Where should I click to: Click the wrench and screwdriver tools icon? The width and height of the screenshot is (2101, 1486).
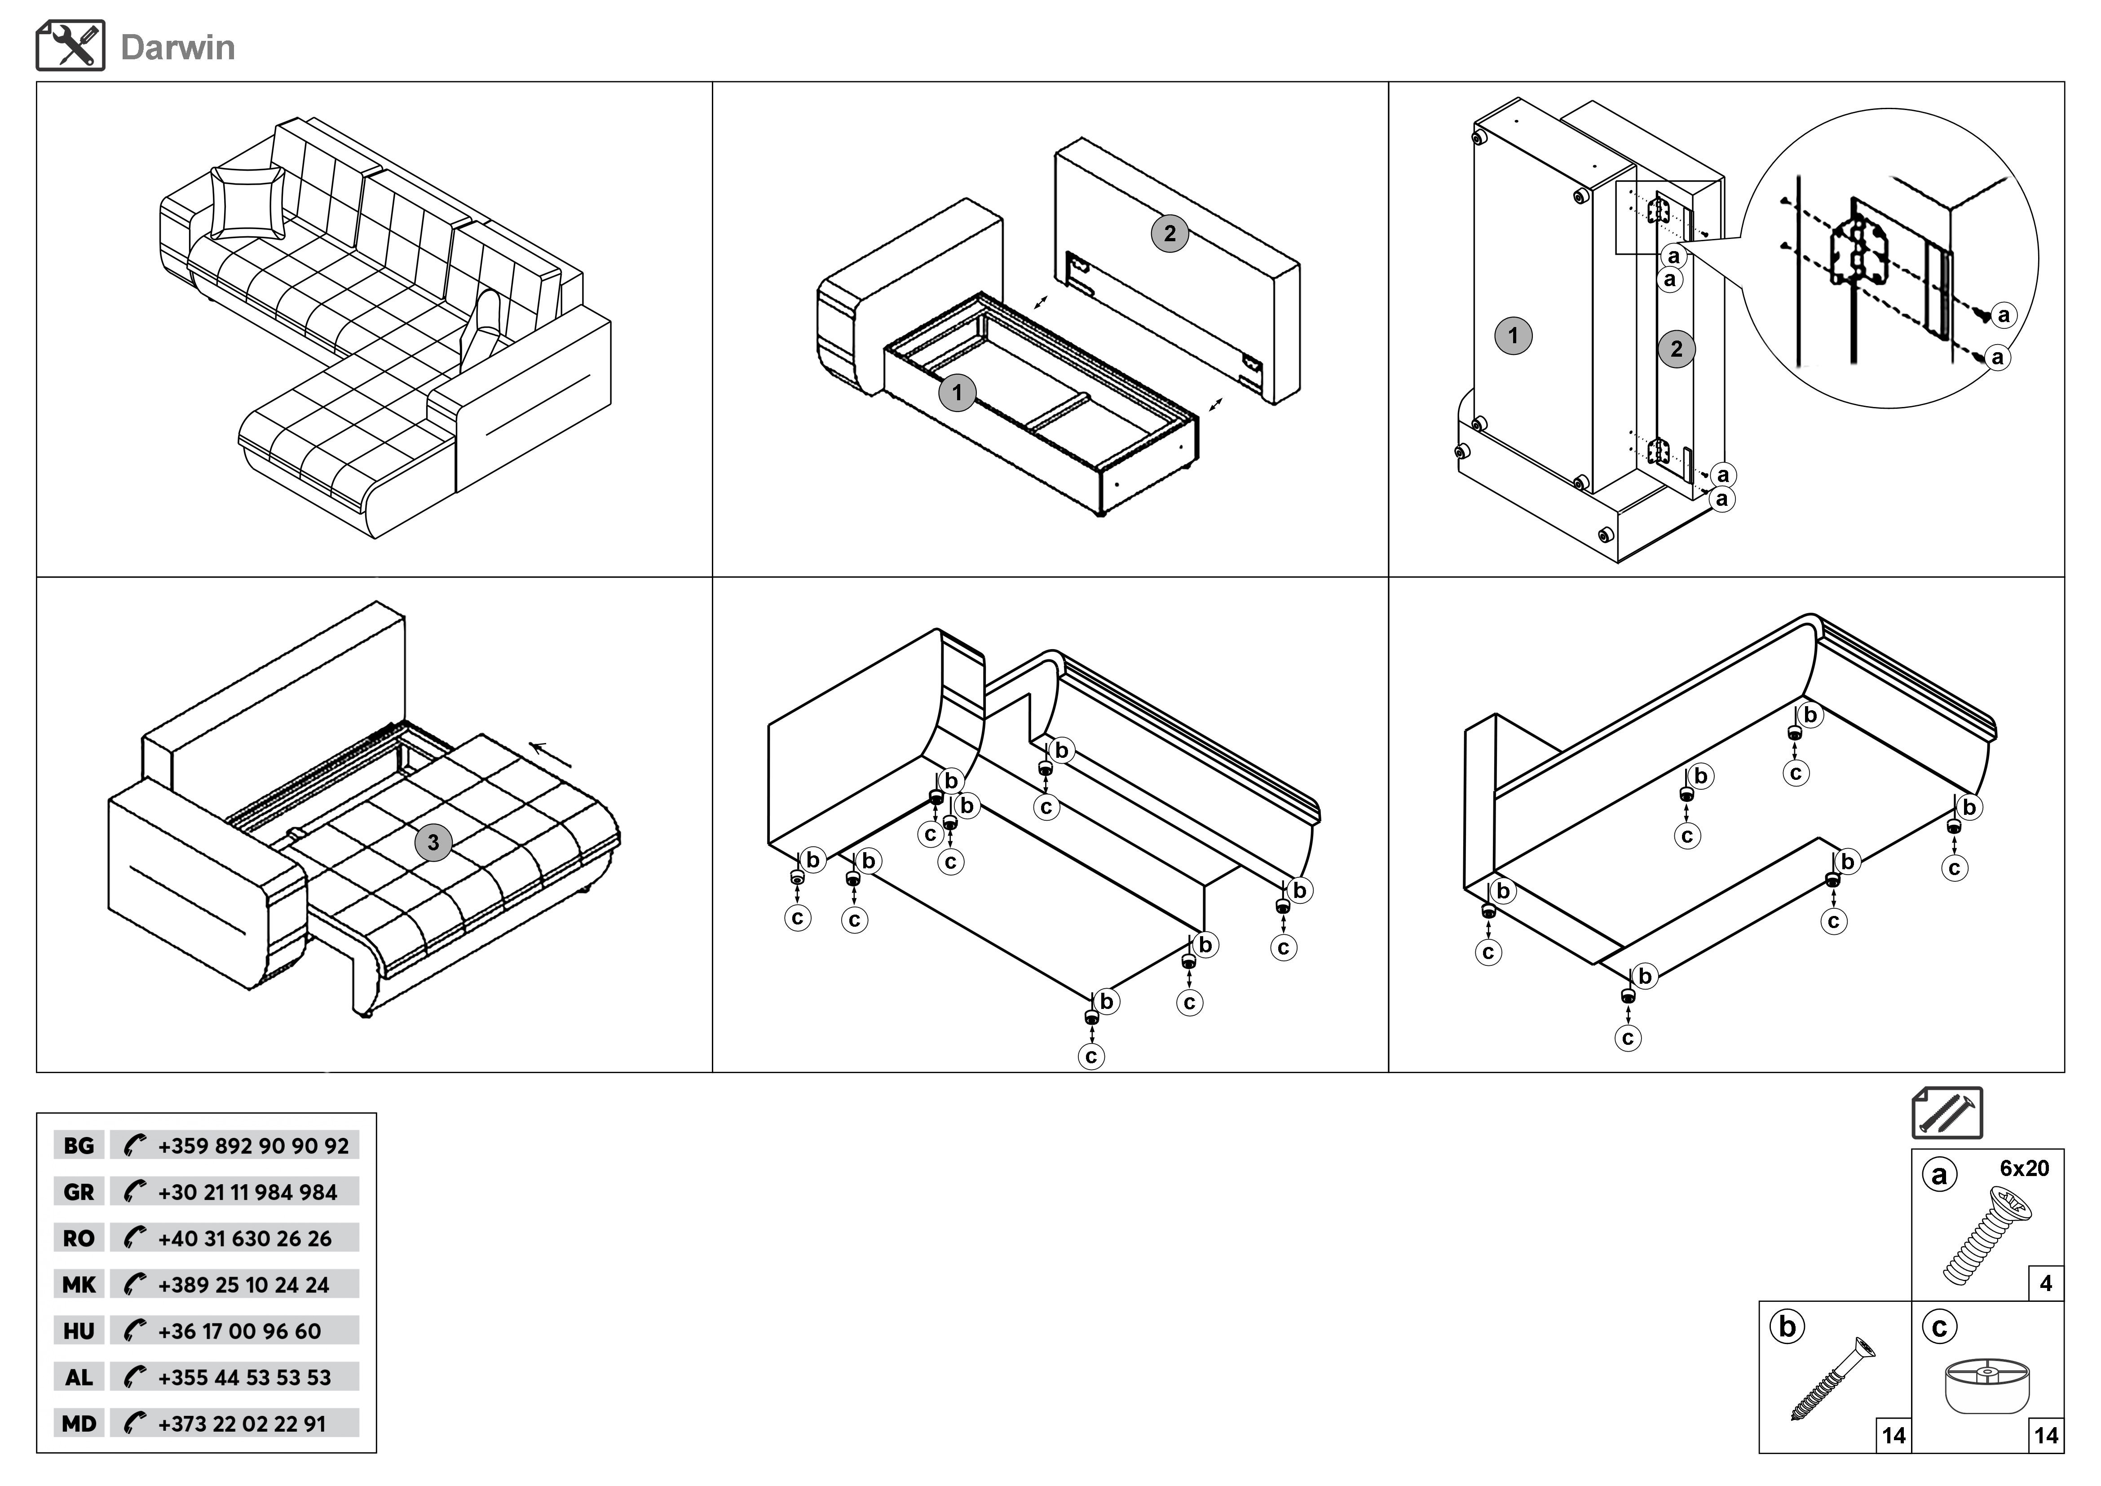point(71,46)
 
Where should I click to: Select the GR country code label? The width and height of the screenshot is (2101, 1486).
point(79,1192)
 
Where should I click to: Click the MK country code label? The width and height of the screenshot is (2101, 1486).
point(79,1285)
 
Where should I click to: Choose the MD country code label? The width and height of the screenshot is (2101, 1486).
point(79,1424)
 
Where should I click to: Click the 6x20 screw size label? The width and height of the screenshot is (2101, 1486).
point(2024,1168)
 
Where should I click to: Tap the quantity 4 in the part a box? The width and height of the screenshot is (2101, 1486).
point(2046,1284)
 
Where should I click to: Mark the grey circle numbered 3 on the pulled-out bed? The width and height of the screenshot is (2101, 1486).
point(433,843)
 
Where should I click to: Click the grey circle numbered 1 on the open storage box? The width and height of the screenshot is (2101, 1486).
point(957,394)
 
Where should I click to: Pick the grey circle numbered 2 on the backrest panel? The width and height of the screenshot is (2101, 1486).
point(1170,233)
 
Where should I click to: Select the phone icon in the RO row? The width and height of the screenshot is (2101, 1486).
point(135,1238)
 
